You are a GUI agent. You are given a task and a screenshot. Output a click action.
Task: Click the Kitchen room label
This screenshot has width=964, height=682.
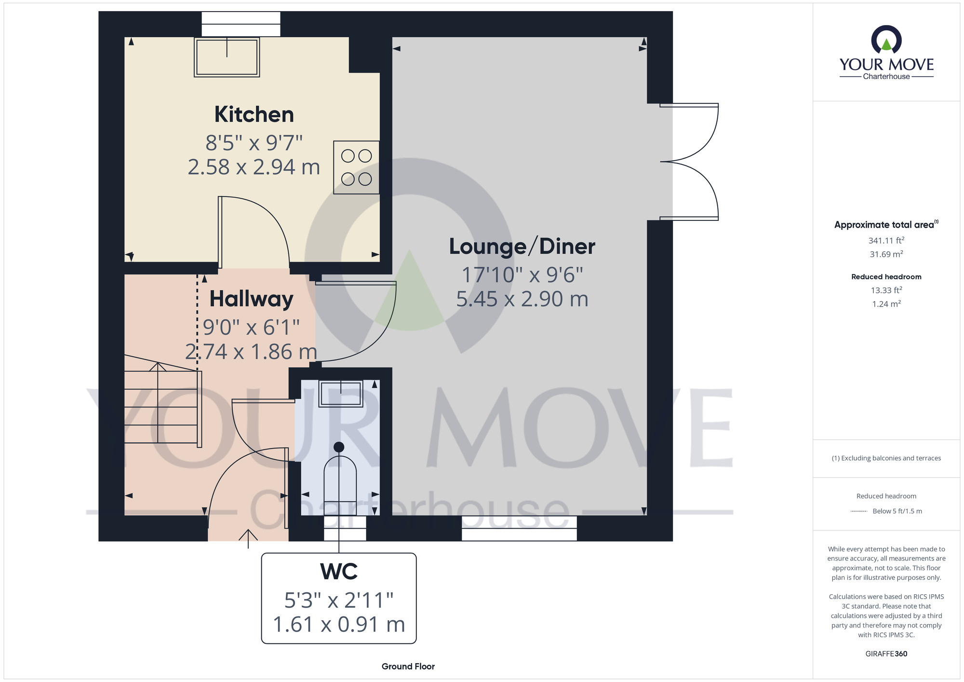coord(254,115)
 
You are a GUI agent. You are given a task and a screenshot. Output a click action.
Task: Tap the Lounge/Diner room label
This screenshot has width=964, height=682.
coord(522,246)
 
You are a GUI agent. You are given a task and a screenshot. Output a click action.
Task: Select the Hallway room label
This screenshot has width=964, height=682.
coord(251,299)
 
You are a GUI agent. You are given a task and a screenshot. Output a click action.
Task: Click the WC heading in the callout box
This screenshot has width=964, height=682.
coord(339,572)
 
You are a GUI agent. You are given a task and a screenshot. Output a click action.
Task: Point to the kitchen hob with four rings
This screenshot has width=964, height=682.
coord(356,167)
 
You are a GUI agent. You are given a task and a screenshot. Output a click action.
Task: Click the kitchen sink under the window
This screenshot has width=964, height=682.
coord(227,57)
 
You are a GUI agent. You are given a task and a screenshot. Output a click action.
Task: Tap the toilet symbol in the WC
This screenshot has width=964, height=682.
coord(339,477)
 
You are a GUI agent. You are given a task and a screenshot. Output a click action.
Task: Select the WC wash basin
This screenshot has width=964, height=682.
coord(341,394)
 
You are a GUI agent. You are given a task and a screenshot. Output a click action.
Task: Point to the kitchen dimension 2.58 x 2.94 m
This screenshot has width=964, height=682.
coord(254,167)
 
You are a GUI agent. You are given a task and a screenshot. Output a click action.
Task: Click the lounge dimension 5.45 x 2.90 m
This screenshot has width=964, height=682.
coord(522,299)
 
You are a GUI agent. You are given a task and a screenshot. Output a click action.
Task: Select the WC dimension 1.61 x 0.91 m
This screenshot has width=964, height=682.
coord(339,624)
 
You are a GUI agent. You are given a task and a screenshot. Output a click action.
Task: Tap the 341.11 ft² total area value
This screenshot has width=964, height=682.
coord(886,240)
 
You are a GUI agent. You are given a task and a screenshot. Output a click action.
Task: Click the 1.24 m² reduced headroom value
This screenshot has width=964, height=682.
coord(886,304)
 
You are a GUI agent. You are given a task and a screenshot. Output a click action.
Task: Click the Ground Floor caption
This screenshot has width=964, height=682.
coord(408,667)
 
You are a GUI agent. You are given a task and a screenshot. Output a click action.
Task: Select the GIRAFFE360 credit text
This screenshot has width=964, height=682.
coord(886,654)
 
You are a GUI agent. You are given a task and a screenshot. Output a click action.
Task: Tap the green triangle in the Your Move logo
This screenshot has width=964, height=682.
coord(886,45)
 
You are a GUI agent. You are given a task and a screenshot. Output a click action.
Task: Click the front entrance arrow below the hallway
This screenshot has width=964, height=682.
coord(248,539)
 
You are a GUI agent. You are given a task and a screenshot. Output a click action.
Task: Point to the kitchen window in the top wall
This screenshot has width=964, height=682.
coord(241,24)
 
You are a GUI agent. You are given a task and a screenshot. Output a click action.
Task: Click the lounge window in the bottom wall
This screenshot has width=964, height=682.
coord(519,528)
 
